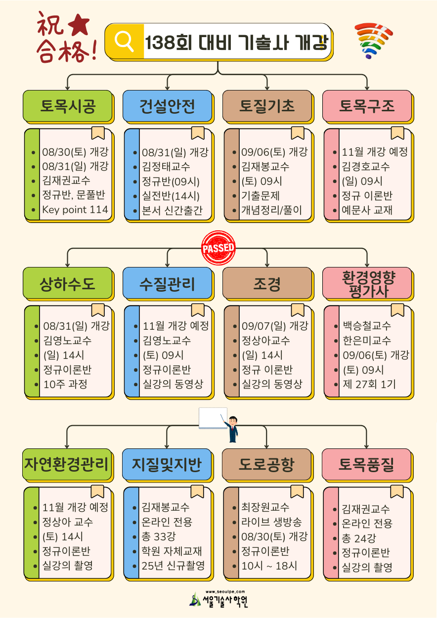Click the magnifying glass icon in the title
pos(124,41)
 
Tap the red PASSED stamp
pos(218,248)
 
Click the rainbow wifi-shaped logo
pos(374,41)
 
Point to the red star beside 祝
pos(79,25)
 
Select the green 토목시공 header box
pos(68,106)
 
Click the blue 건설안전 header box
pos(168,106)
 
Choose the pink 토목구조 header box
pos(367,106)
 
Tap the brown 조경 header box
pos(267,283)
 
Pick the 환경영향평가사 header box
pos(367,283)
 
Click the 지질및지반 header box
pos(167,464)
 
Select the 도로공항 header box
pos(266,464)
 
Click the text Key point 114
pos(75,210)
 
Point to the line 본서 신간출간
pos(172,210)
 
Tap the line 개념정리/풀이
pos(271,210)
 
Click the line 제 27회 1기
pos(369,384)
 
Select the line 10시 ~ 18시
pos(269,566)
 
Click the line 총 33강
pos(159,536)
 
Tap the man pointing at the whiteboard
pos(232,429)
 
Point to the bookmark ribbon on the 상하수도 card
pos(98,310)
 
